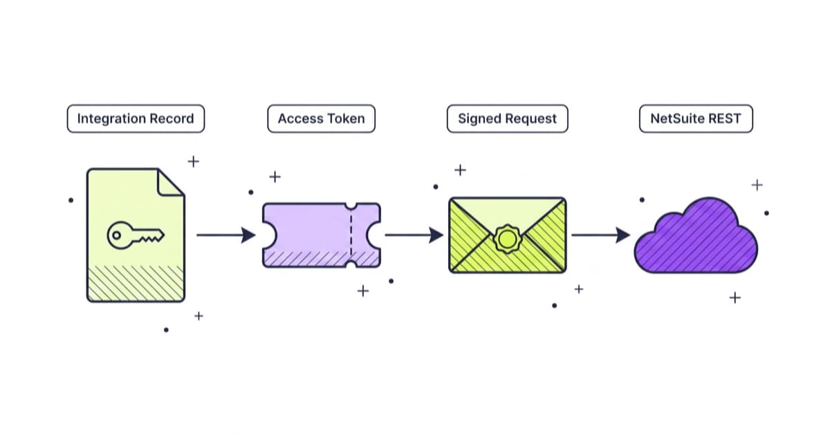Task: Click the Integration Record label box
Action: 136,118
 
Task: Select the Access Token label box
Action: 321,118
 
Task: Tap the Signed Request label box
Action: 507,118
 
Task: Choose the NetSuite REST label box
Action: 696,118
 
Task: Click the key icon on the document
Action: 136,235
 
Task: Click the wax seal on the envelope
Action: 507,239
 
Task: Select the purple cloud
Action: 696,236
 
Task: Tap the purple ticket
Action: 321,235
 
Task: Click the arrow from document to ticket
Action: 226,235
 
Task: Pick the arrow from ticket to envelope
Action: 414,235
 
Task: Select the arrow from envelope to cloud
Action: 601,235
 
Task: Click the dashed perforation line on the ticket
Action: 351,235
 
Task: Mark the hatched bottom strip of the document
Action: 136,283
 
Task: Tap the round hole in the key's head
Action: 116,235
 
